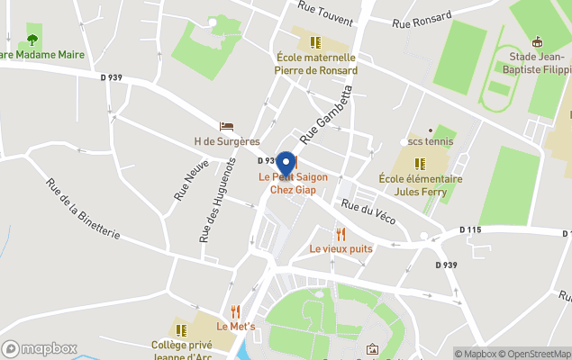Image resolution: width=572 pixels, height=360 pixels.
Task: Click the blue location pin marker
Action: pos(286,163)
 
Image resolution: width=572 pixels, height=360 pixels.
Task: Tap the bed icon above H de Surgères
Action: pos(227,127)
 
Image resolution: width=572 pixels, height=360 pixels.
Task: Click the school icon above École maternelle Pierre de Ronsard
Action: pos(315,42)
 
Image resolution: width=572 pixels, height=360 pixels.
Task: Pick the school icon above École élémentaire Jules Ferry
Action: pos(420,164)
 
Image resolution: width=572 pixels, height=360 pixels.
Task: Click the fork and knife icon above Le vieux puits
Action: pos(340,234)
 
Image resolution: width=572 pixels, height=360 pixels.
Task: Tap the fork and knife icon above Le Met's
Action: pos(235,311)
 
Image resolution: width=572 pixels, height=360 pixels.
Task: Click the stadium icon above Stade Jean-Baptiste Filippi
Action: pos(538,41)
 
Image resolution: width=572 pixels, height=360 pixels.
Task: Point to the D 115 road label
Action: pos(470,230)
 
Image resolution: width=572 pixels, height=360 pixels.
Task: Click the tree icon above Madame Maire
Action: pos(32,40)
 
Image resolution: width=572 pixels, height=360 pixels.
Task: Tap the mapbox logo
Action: pos(40,348)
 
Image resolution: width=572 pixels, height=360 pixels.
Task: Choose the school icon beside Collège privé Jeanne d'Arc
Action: pos(181,330)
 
